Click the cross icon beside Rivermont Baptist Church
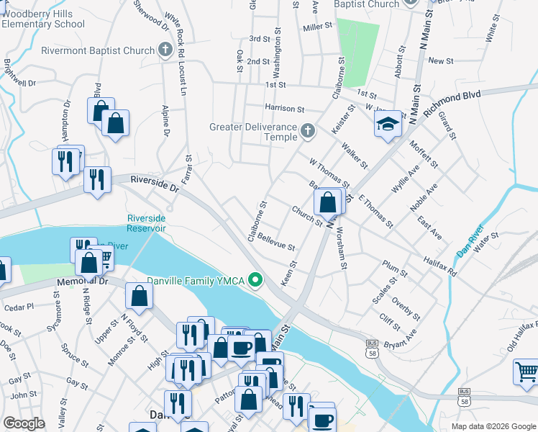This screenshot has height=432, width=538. tap(165, 50)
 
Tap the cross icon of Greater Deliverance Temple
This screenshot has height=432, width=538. tap(308, 131)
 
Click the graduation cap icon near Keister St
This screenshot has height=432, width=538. tap(388, 124)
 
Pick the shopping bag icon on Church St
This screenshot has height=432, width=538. tap(328, 201)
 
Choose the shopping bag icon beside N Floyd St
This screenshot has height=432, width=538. tap(139, 296)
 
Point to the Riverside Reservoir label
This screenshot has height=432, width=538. tap(147, 223)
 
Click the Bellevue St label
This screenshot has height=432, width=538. tap(276, 241)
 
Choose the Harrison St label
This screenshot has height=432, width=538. tap(284, 108)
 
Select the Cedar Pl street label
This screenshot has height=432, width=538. tap(19, 307)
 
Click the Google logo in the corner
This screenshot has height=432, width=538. tap(24, 423)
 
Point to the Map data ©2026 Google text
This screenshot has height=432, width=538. tap(493, 426)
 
